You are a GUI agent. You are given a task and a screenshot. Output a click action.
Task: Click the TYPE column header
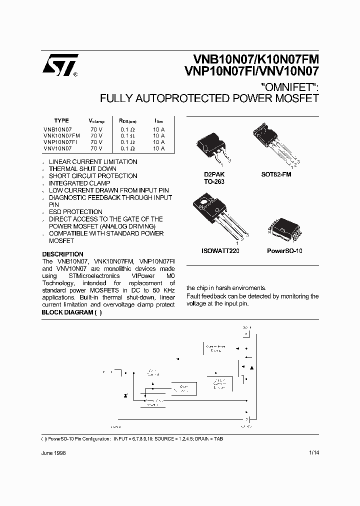[x=61, y=121]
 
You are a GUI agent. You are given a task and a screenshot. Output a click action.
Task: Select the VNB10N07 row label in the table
[x=57, y=129]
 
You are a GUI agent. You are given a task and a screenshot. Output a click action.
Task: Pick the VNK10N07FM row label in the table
[x=61, y=135]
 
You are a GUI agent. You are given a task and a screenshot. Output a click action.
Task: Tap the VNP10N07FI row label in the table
[x=60, y=142]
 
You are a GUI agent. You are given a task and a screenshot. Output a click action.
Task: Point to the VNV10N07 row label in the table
[x=57, y=148]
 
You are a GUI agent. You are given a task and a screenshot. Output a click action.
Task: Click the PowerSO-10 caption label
[x=284, y=251]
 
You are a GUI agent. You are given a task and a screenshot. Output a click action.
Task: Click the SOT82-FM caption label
[x=276, y=174]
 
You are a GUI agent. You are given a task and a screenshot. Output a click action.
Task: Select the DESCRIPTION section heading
[x=62, y=254]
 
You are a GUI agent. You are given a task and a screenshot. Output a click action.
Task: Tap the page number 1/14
[x=314, y=452]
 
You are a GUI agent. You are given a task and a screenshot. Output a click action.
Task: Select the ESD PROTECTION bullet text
[x=75, y=212]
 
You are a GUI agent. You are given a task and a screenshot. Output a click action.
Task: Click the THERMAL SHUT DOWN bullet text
[x=82, y=169]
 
